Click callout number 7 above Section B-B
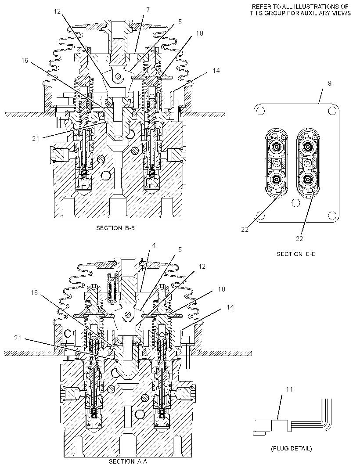pos(148,10)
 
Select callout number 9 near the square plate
pos(330,83)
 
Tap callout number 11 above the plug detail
pos(290,389)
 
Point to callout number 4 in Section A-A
pos(154,245)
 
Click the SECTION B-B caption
pos(115,228)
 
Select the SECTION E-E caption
pos(296,254)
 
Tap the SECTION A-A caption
pos(128,461)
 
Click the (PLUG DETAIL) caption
pos(292,448)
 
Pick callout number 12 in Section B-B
pos(58,11)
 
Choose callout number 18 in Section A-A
pos(222,289)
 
